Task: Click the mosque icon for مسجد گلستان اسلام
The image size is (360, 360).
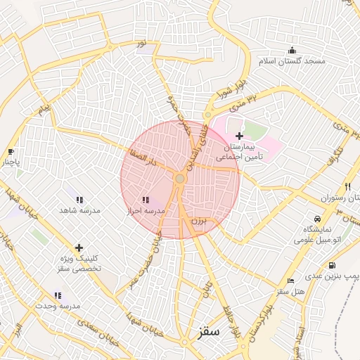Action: [292, 50]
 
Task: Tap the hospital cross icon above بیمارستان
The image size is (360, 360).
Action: [239, 136]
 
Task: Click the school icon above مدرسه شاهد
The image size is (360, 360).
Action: [79, 200]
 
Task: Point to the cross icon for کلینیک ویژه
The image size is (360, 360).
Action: [79, 247]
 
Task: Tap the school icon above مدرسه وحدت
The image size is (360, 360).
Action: [58, 295]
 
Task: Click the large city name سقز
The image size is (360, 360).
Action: [209, 330]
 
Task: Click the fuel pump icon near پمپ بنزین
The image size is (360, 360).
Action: [331, 265]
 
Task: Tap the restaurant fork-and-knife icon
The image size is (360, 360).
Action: [347, 187]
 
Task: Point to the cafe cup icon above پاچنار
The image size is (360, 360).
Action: [11, 151]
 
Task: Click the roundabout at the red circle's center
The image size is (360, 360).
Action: [180, 180]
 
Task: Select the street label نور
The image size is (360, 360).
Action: [142, 44]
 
